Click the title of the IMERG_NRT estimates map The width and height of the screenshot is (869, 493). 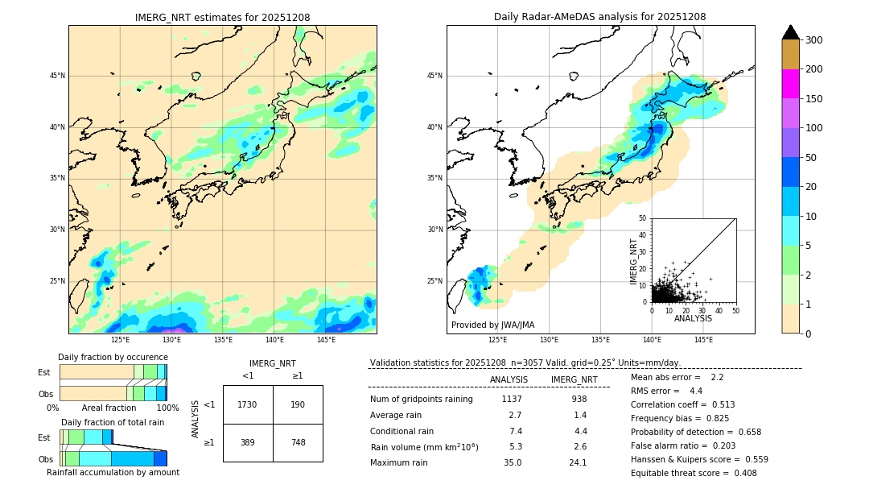pos(222,17)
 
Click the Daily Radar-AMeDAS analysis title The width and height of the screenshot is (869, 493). pos(599,17)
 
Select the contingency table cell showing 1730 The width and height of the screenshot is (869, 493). pos(248,404)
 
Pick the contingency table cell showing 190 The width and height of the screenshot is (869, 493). pos(298,404)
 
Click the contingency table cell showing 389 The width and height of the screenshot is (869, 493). pos(248,442)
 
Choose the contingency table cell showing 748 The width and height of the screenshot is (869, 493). pos(298,442)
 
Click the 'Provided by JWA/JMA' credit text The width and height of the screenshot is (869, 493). pos(492,325)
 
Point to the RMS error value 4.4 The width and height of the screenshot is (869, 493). pos(696,391)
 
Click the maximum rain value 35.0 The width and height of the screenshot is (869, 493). pos(513,462)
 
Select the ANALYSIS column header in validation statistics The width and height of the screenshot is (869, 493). pos(509,379)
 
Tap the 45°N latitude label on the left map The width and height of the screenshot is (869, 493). pos(57,76)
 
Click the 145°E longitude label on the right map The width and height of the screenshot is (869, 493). pos(703,340)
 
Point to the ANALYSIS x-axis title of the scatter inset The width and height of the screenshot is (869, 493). pos(693,318)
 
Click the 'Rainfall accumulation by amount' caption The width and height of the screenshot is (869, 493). pos(113,472)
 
